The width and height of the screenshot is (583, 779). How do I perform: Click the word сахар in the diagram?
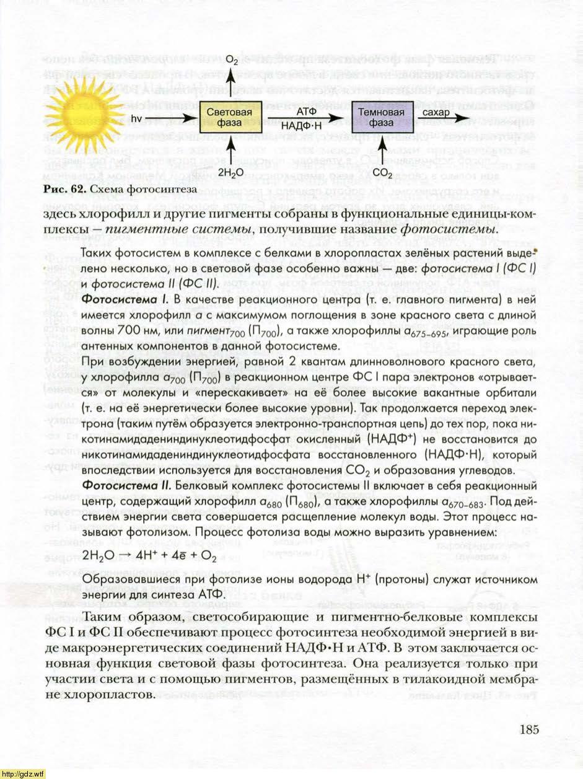click(x=437, y=112)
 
